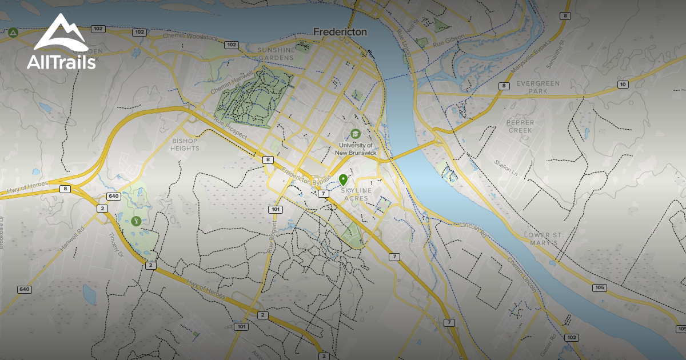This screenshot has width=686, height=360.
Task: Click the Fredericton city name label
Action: click(x=340, y=32)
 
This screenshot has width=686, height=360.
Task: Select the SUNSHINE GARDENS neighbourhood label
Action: click(x=276, y=54)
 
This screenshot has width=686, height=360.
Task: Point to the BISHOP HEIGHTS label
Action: click(x=185, y=145)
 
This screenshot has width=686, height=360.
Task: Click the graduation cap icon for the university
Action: click(x=356, y=134)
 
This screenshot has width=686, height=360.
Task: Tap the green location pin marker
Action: click(x=343, y=179)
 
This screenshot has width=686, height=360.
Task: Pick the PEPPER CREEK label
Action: click(x=520, y=126)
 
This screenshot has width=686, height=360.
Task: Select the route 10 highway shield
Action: click(x=623, y=85)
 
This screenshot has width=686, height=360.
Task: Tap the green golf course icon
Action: click(x=136, y=221)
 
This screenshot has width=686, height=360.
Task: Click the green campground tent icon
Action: click(x=13, y=33)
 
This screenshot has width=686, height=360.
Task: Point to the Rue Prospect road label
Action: click(x=230, y=127)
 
